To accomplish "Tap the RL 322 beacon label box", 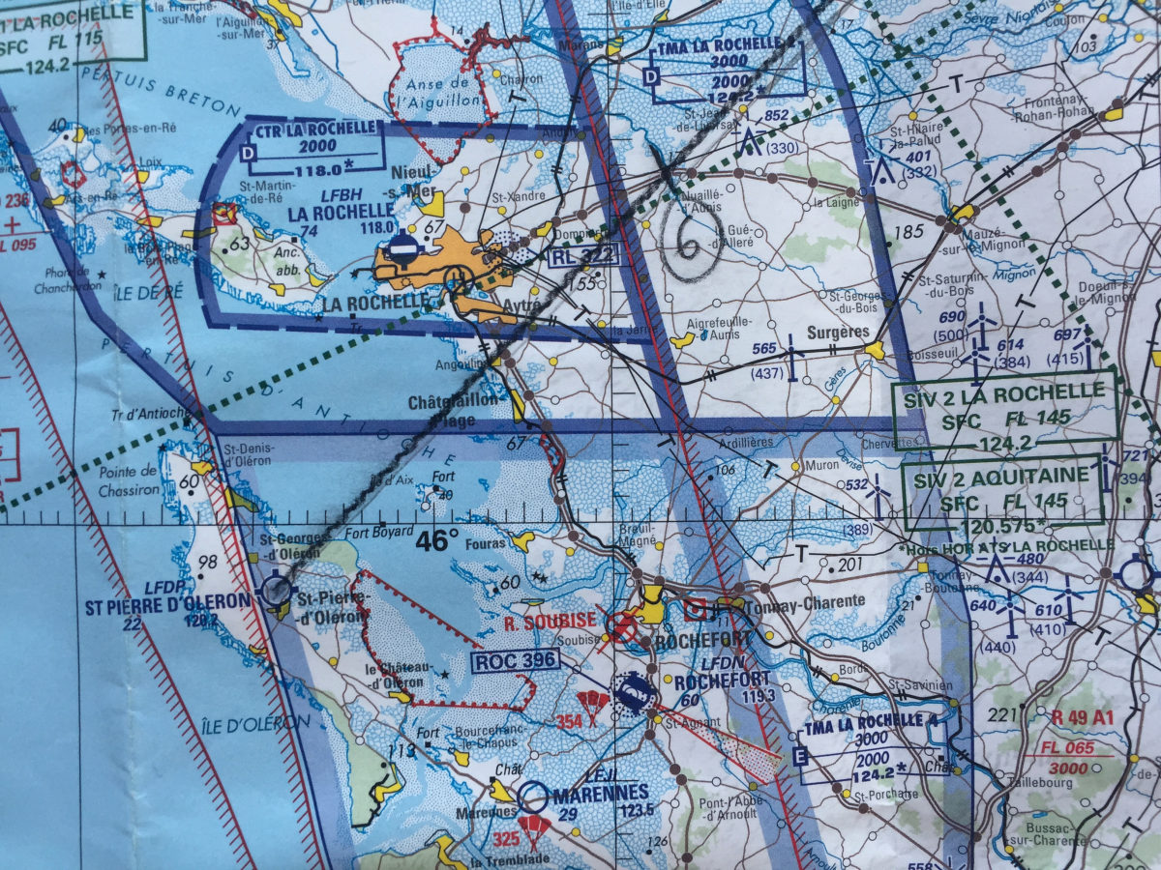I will pos(583,257).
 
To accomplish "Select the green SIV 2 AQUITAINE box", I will pos(1003,493).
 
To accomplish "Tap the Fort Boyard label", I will pos(379,532).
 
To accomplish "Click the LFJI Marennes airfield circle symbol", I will pos(531,796).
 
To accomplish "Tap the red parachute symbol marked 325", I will pos(533,827).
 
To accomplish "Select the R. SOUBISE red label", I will pos(548,624).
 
